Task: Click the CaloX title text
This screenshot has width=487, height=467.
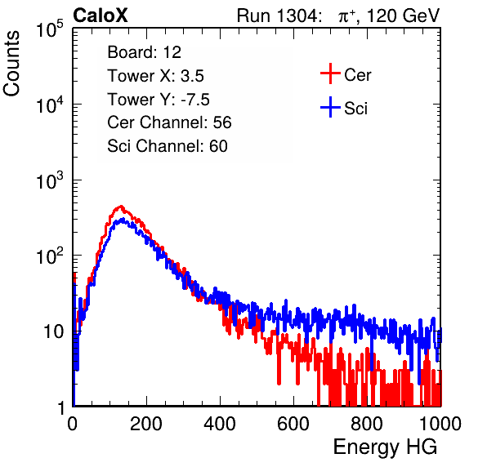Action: tap(100, 16)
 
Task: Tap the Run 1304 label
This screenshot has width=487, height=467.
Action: tap(277, 16)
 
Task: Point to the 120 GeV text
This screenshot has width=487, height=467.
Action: tap(403, 16)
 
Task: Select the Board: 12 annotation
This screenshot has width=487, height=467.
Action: tap(144, 52)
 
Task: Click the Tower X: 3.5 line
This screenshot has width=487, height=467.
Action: tap(155, 76)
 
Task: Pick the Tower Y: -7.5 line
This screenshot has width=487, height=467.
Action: tap(159, 100)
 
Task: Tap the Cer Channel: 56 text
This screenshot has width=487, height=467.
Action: tap(169, 122)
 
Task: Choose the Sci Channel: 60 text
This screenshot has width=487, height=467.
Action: tap(168, 146)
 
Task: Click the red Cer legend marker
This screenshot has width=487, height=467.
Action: tap(330, 73)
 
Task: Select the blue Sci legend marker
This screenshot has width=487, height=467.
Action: tap(330, 107)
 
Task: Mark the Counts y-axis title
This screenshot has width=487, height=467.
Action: tap(11, 64)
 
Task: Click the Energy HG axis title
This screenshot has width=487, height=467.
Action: tap(385, 447)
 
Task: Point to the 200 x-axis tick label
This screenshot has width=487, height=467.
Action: tap(146, 424)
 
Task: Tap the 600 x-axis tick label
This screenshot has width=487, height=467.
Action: tap(293, 424)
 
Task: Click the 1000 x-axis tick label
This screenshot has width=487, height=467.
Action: tap(440, 424)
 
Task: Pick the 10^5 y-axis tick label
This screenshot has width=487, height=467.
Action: tap(50, 29)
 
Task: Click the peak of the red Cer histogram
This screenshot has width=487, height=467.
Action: tap(122, 206)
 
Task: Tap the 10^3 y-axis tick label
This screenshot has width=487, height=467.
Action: tap(50, 180)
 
